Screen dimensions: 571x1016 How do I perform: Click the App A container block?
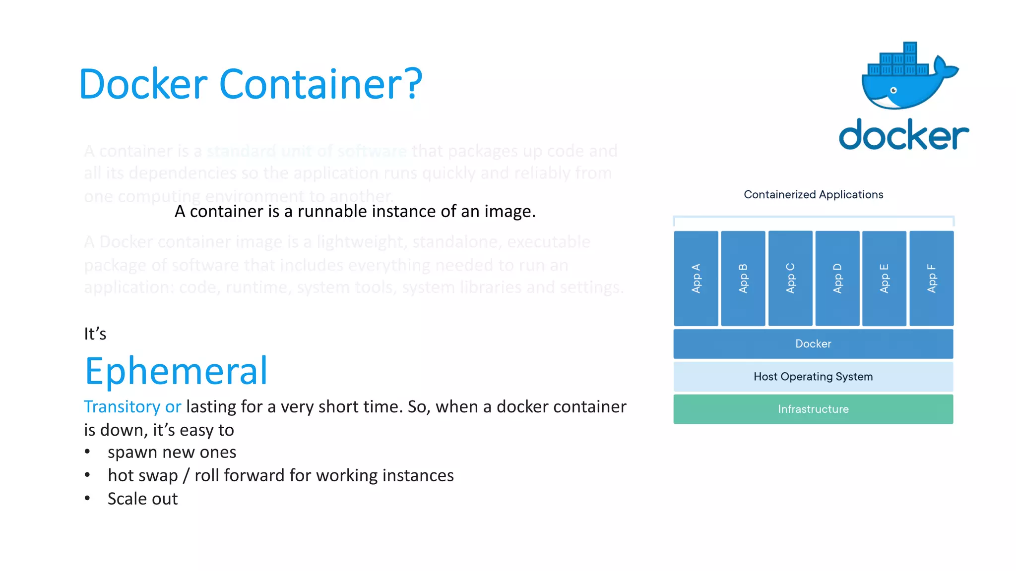[696, 278]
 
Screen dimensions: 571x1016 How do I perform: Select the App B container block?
[743, 278]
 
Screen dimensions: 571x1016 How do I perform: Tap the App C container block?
[790, 278]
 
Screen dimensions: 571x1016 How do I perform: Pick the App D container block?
[837, 278]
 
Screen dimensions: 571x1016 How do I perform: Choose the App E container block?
[884, 278]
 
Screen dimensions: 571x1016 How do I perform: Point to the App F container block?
[931, 278]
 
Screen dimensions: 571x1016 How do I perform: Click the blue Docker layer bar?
[813, 343]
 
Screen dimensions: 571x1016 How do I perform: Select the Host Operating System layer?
[813, 377]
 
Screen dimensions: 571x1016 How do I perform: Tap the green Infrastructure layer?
[813, 409]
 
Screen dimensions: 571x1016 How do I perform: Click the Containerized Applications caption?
[813, 194]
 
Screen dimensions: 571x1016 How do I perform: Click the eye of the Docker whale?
[893, 90]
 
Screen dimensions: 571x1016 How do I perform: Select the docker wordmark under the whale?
[903, 134]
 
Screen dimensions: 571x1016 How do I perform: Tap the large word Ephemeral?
[176, 371]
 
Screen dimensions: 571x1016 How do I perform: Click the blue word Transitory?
[122, 406]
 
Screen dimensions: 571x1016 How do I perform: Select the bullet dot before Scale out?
[87, 498]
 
